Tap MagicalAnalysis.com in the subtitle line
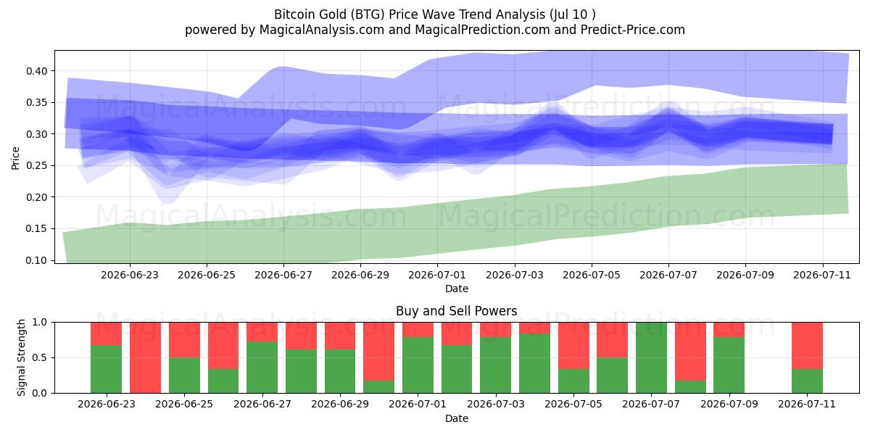tap(322, 30)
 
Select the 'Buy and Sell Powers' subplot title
tap(456, 311)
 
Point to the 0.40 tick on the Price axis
tap(36, 71)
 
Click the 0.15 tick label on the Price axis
tap(36, 229)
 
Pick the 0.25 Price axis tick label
tap(36, 166)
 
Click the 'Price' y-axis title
tap(15, 158)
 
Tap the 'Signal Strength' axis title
tap(21, 357)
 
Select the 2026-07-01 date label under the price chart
tap(437, 275)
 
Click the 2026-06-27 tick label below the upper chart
tap(283, 275)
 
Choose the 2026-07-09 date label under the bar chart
tap(729, 405)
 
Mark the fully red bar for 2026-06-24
tap(145, 357)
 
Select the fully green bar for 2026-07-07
tap(651, 357)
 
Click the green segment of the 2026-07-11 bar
tap(807, 381)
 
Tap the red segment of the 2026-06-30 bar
tap(378, 352)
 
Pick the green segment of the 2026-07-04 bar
tap(534, 363)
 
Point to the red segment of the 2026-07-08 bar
tap(690, 352)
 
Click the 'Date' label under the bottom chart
tap(456, 419)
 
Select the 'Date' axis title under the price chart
tap(456, 289)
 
